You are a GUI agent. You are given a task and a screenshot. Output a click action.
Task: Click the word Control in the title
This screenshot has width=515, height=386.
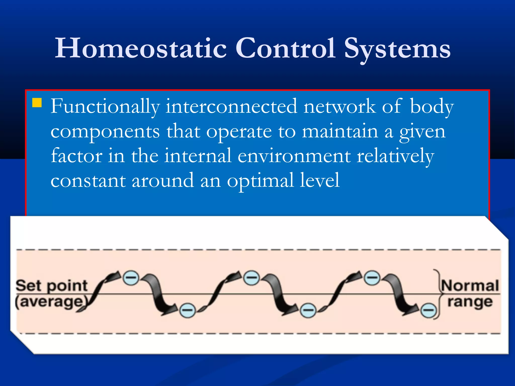point(285,48)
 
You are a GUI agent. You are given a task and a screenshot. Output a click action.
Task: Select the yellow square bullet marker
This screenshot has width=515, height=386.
point(37,103)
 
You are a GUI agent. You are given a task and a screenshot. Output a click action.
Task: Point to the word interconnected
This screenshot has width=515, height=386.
point(231,107)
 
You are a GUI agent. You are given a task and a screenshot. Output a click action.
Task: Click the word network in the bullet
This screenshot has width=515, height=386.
point(339,107)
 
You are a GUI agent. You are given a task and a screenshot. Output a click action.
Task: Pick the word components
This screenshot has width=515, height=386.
point(105,132)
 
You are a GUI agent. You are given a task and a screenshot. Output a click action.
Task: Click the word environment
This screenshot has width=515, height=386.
point(294,156)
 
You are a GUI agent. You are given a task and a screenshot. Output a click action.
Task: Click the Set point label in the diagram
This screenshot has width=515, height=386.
point(52,286)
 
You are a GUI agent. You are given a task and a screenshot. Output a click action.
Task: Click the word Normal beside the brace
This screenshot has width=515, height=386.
point(470,286)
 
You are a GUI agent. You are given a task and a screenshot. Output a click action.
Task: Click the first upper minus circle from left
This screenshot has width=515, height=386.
point(131,278)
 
